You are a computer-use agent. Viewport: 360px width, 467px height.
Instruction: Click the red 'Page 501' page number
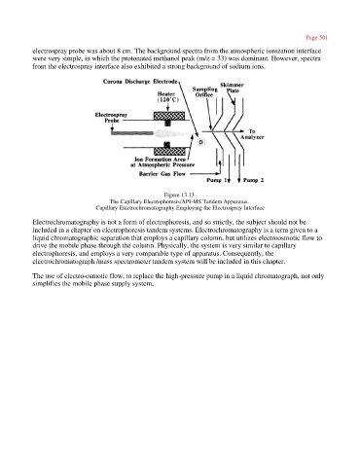tap(316, 38)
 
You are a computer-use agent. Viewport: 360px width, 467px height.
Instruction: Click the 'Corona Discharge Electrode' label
tap(140, 82)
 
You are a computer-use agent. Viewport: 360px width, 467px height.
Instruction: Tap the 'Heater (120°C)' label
tap(167, 96)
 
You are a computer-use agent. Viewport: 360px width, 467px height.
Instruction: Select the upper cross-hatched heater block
tap(169, 116)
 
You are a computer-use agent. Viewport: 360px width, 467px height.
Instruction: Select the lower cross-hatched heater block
tap(169, 151)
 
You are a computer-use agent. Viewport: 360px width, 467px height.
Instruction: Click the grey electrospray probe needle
tap(132, 133)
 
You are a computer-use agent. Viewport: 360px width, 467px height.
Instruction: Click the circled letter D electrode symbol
tap(200, 142)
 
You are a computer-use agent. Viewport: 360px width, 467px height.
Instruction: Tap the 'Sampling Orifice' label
tap(204, 91)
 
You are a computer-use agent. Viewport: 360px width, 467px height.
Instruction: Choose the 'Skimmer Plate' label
tap(232, 88)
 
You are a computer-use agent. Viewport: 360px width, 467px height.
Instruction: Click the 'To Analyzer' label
tap(252, 134)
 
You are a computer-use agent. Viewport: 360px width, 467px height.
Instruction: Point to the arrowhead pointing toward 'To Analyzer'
tap(241, 131)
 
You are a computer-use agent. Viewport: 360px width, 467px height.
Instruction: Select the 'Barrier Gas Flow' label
tap(162, 174)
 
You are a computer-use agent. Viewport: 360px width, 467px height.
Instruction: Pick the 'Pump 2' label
tap(253, 180)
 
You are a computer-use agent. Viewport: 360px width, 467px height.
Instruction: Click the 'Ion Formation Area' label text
tap(161, 160)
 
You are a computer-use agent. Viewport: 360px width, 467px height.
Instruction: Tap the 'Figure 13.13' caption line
tap(179, 195)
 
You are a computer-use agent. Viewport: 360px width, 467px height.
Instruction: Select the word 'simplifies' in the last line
tap(45, 284)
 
